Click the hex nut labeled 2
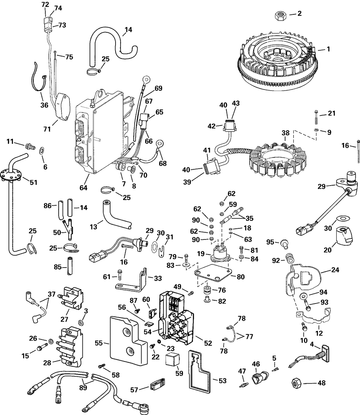click(x=280, y=15)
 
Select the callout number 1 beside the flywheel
click(x=328, y=49)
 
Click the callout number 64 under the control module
click(x=84, y=188)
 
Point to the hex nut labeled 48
click(x=296, y=383)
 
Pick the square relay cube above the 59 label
click(x=173, y=359)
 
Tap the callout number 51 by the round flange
click(x=33, y=182)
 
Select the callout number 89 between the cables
click(x=83, y=387)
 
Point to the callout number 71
click(x=47, y=129)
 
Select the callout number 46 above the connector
click(x=256, y=364)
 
